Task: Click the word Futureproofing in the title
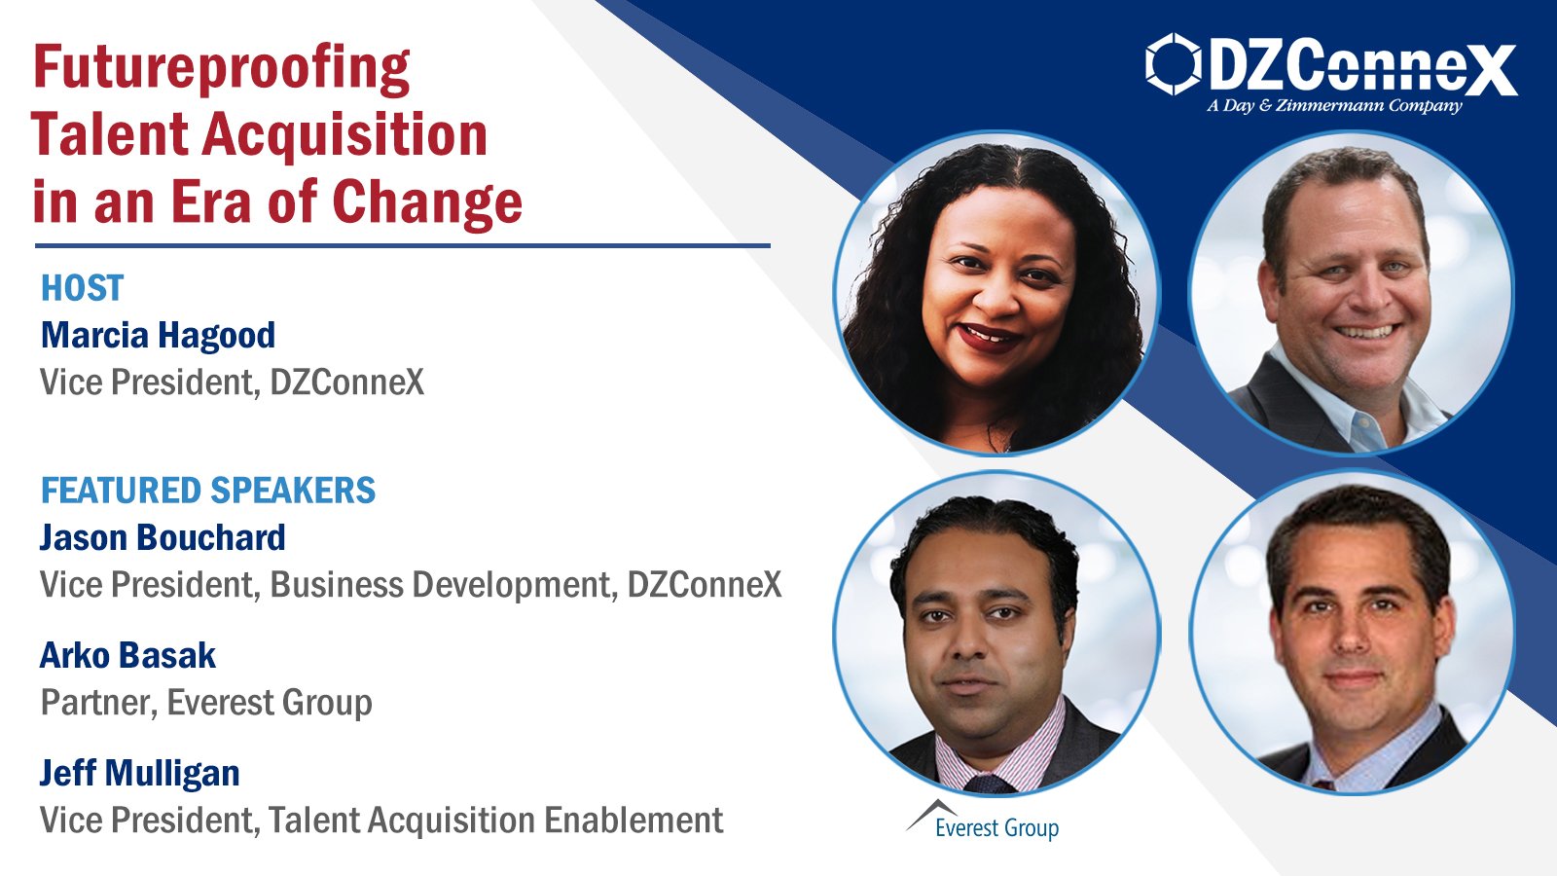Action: tap(221, 69)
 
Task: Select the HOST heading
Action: tap(82, 288)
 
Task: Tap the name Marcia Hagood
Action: tap(158, 335)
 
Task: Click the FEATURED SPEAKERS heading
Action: tap(207, 491)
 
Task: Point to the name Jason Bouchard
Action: tap(163, 538)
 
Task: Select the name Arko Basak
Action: tap(127, 656)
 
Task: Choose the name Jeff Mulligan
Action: tap(139, 774)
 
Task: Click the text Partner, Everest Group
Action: tap(205, 703)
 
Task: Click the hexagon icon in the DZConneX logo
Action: tap(1173, 64)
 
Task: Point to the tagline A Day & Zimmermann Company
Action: tap(1334, 105)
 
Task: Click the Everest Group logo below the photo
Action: tap(983, 822)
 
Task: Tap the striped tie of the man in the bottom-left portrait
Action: tap(989, 781)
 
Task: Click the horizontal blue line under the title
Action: tap(402, 246)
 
